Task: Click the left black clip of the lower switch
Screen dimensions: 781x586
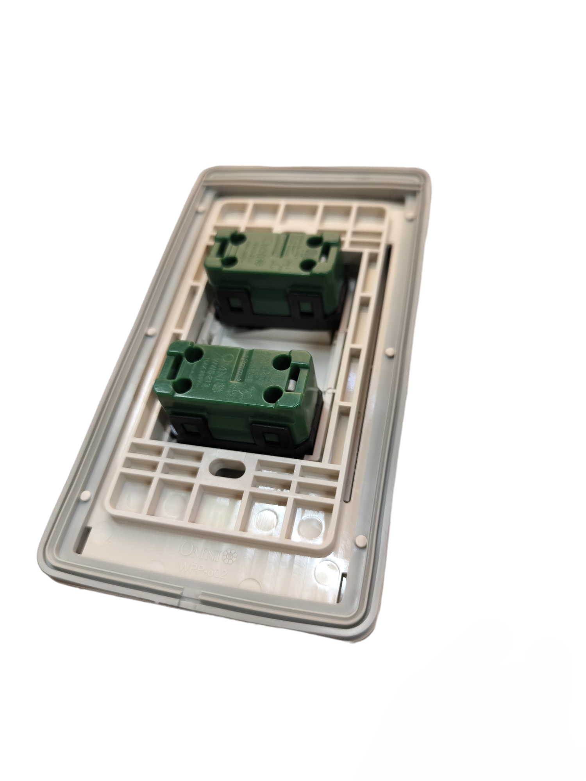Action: point(190,430)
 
